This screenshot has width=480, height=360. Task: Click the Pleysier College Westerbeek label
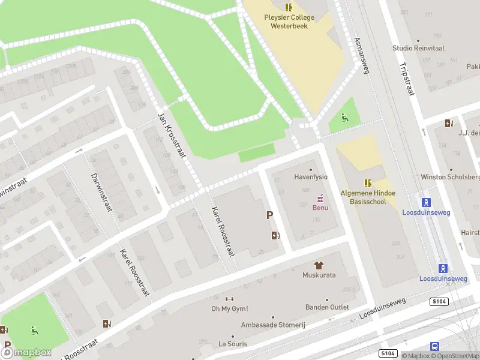coord(289,22)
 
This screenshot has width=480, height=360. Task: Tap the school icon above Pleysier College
coord(289,7)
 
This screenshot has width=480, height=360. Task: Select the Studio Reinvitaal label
coord(418,48)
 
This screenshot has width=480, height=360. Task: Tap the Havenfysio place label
coord(311,177)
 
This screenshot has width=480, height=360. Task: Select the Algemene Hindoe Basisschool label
coord(367,197)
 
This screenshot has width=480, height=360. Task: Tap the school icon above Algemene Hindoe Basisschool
coord(367,182)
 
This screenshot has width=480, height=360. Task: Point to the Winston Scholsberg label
coord(450,177)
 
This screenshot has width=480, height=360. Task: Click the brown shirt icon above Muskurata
coord(319,265)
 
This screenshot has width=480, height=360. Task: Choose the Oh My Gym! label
coord(229,309)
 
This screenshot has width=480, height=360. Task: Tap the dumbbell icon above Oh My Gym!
coord(229,299)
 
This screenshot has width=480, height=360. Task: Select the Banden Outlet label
coord(327,307)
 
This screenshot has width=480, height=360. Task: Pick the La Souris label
coord(233,344)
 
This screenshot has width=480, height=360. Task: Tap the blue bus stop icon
coord(434,346)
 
